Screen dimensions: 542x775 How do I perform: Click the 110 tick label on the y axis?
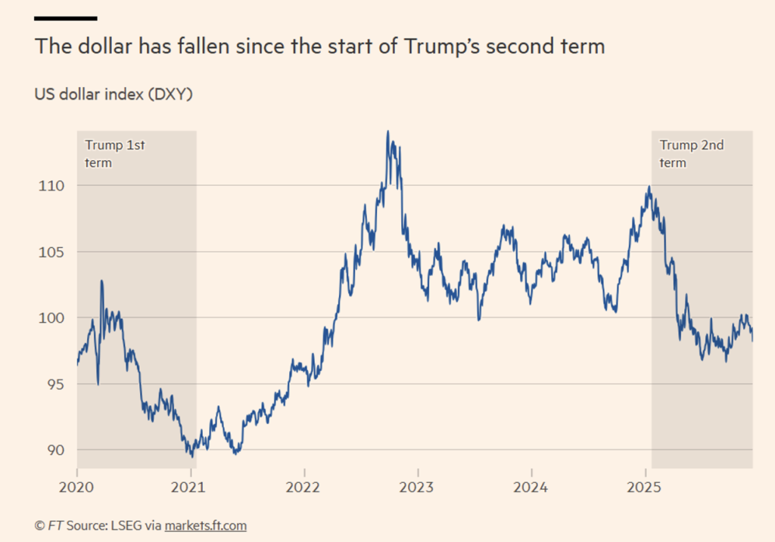[51, 186]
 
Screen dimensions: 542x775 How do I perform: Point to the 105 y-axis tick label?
[51, 252]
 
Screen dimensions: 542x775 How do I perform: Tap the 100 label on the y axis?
[51, 318]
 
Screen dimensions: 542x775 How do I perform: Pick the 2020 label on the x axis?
[77, 488]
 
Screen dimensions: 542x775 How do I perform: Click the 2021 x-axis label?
[190, 488]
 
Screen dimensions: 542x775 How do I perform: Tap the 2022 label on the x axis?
[303, 488]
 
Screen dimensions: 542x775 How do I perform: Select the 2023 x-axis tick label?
[418, 488]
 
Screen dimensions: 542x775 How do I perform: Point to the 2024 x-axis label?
[531, 488]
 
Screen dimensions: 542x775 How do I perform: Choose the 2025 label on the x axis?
[646, 488]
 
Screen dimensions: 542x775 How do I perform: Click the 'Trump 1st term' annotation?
[114, 153]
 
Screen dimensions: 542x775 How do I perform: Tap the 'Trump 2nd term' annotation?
[691, 153]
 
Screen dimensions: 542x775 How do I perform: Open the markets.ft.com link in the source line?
[206, 525]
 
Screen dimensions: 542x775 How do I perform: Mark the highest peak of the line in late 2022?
[388, 132]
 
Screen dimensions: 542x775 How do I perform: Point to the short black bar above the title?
[66, 17]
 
